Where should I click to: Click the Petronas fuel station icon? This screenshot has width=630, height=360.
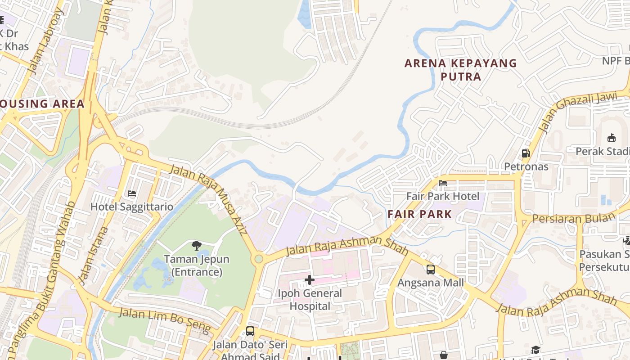point(526,153)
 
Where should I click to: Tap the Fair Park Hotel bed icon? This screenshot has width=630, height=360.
point(443,183)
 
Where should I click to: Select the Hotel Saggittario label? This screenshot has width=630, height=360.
point(131,207)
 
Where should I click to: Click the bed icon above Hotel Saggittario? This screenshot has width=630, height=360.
point(131,193)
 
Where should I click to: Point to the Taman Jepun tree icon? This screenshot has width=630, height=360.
point(196,246)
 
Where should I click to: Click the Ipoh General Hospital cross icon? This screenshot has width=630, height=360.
point(309,280)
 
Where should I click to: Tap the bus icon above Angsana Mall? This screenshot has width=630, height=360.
point(430,270)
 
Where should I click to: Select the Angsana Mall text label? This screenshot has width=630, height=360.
point(430,283)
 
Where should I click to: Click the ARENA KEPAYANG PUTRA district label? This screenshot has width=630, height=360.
point(461,70)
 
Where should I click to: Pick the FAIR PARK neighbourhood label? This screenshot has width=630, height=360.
point(419,214)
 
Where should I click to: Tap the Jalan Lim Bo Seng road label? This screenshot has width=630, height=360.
point(165,320)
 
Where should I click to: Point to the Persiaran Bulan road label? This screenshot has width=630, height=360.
point(573,218)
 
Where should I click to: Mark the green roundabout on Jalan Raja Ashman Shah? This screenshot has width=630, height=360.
point(259,259)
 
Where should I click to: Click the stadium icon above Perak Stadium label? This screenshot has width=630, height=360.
point(611,138)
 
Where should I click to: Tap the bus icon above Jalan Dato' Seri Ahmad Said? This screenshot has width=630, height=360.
point(250,331)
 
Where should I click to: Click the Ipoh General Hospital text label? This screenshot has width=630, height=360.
point(309,300)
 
